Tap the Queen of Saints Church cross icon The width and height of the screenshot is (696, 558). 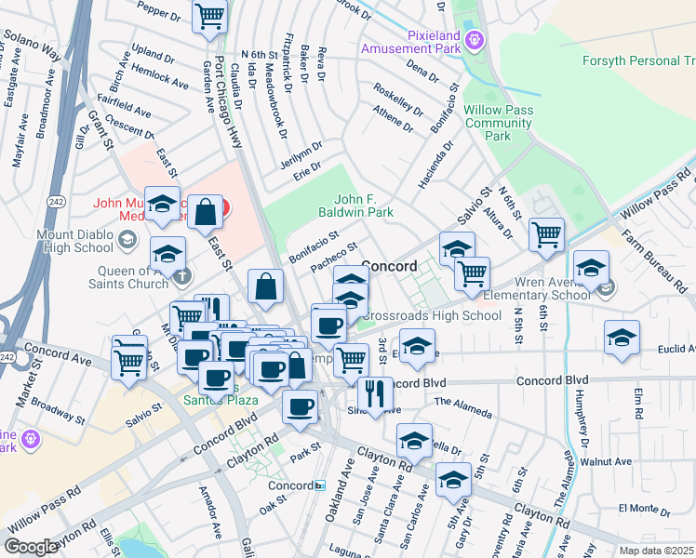(182, 274)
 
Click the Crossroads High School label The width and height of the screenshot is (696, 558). (431, 315)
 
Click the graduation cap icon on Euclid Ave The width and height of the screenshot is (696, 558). (622, 339)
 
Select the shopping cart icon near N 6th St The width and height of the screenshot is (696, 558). (546, 233)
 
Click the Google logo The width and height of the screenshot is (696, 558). (31, 546)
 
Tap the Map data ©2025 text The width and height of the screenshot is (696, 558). (656, 551)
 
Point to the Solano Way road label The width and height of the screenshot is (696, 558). (32, 45)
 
